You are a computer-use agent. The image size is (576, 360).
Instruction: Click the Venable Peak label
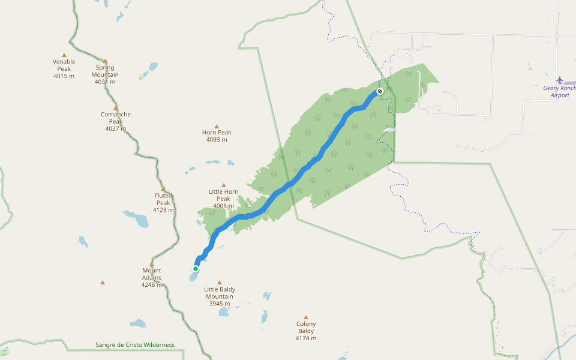[x=64, y=68]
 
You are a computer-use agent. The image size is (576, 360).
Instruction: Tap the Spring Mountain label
[x=105, y=74]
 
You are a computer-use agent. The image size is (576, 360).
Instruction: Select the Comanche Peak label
[x=116, y=121]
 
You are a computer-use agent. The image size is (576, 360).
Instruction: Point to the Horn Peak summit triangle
[x=217, y=127]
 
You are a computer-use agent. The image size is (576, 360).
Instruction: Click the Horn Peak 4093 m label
[x=217, y=136]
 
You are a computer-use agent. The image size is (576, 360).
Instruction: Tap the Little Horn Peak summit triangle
[x=224, y=185]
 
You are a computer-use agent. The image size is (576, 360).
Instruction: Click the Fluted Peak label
[x=163, y=202]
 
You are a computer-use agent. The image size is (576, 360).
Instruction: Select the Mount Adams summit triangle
[x=152, y=264]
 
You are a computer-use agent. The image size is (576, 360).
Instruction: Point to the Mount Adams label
[x=152, y=277]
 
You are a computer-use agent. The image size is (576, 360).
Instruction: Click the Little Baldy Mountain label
[x=220, y=296]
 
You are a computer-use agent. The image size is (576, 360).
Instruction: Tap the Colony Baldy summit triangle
[x=306, y=317]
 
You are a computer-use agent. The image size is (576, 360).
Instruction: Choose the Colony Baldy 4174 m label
[x=306, y=331]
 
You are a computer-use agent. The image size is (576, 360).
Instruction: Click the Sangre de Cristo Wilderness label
[x=135, y=345]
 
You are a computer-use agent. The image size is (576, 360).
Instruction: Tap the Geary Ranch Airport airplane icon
[x=560, y=80]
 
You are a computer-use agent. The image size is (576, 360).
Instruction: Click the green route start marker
[x=196, y=268]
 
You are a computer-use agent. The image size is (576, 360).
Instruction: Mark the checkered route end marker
[x=379, y=91]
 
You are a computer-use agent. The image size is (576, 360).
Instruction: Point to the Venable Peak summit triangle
[x=64, y=55]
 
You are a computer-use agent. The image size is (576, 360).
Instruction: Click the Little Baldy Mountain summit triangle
[x=220, y=282]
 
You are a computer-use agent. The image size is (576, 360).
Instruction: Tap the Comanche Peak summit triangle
[x=116, y=108]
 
